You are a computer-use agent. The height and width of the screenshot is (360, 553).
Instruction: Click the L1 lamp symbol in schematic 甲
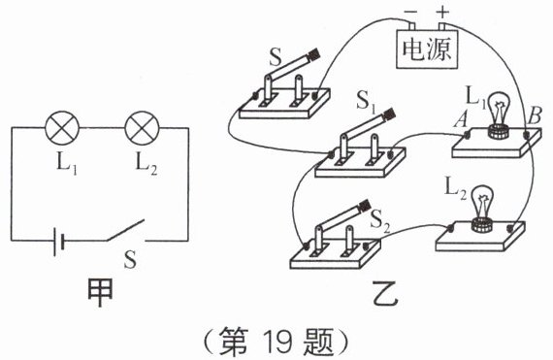tap(62, 128)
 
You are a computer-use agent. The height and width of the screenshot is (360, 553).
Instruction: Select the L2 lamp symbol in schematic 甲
tap(143, 128)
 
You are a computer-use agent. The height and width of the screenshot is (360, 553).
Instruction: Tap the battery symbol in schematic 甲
tap(58, 242)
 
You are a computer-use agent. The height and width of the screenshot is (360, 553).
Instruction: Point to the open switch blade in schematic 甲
tap(125, 230)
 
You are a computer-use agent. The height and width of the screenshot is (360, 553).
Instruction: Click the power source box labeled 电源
tap(427, 49)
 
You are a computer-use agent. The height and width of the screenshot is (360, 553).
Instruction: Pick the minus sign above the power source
tap(410, 12)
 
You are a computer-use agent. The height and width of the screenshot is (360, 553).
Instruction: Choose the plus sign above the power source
tap(442, 13)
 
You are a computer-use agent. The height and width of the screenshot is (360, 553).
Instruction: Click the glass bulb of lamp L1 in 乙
tap(499, 110)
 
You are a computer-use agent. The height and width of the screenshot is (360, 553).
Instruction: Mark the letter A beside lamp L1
tap(461, 120)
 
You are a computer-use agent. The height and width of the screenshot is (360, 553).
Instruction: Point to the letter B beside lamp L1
tap(534, 115)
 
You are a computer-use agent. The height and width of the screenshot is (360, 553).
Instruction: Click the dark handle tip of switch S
tap(314, 54)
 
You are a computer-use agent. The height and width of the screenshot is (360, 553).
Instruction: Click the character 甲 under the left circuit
tap(100, 293)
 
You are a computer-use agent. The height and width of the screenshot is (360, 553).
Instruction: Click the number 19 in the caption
tap(278, 342)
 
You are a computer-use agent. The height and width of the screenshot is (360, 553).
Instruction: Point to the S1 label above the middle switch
tap(366, 103)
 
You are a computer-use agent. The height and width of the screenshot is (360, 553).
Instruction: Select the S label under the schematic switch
tap(130, 259)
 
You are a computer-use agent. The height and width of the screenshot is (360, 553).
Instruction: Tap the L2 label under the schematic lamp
tap(146, 163)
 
